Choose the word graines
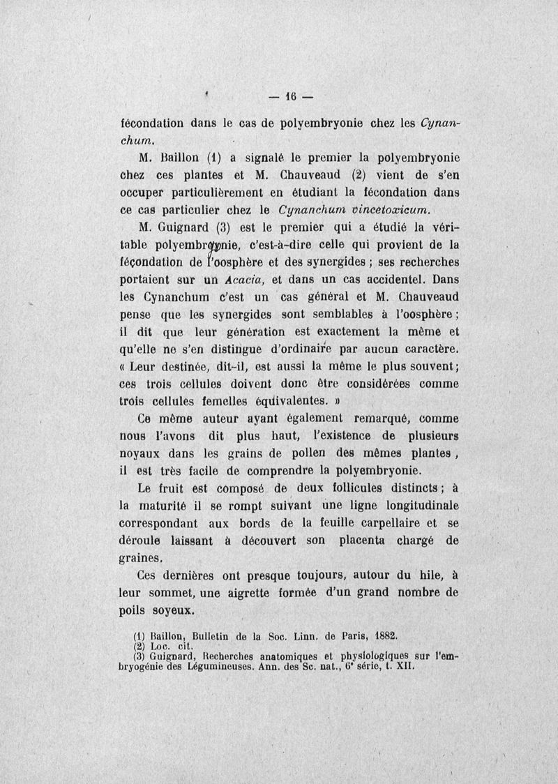click(x=142, y=558)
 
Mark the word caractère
click(x=424, y=349)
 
